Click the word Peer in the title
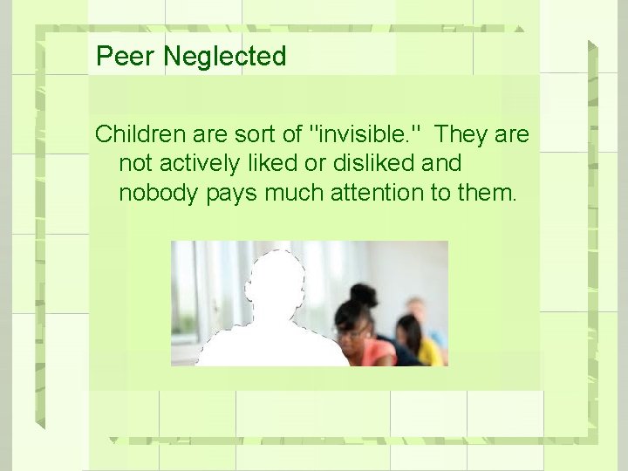point(126,57)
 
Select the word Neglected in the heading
point(224,57)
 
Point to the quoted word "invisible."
point(366,134)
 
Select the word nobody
point(159,192)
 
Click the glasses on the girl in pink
point(353,331)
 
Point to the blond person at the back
point(417,310)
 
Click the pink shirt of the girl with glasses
point(378,352)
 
